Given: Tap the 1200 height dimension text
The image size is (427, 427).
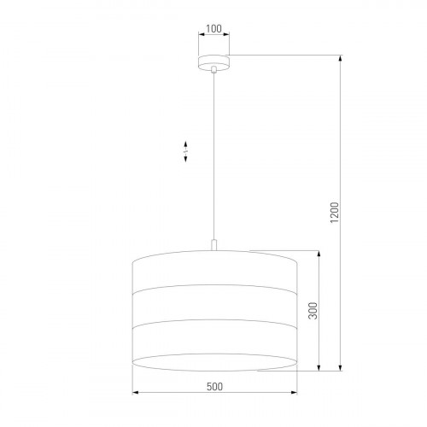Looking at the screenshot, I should tap(335, 213).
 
